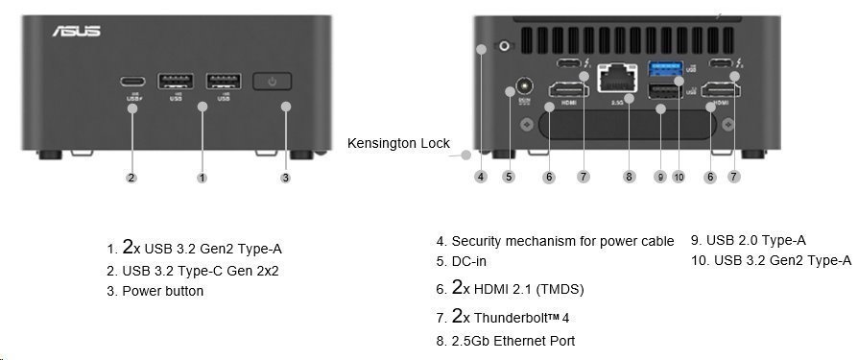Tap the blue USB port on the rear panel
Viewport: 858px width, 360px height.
pyautogui.click(x=661, y=68)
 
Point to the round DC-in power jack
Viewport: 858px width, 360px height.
pyautogui.click(x=523, y=86)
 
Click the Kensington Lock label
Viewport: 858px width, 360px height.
pyautogui.click(x=398, y=143)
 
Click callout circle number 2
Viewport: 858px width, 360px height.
pyautogui.click(x=131, y=178)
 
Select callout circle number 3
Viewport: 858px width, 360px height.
pyautogui.click(x=285, y=178)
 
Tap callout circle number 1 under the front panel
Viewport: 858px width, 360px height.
pyautogui.click(x=202, y=178)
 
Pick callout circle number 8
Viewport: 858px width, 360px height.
pyautogui.click(x=629, y=177)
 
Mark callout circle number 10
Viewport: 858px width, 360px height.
pyautogui.click(x=679, y=177)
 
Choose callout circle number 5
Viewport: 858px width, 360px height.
pyautogui.click(x=509, y=177)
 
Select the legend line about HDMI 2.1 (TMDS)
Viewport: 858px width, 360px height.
pyautogui.click(x=517, y=288)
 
